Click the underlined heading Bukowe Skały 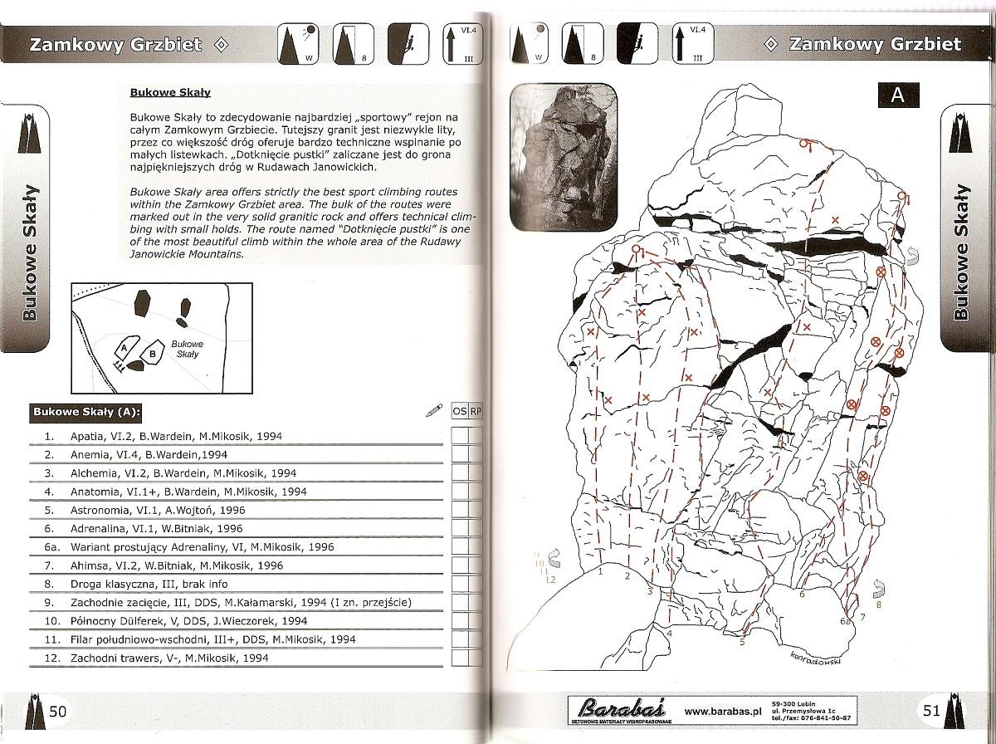pos(170,93)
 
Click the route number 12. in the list pos(50,658)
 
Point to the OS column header pos(459,411)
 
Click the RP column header pos(476,411)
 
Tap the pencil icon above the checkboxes pos(433,409)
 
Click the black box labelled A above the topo pos(897,95)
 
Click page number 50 pos(58,711)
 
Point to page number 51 pos(931,711)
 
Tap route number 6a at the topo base pos(845,621)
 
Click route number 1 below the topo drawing pos(599,573)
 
